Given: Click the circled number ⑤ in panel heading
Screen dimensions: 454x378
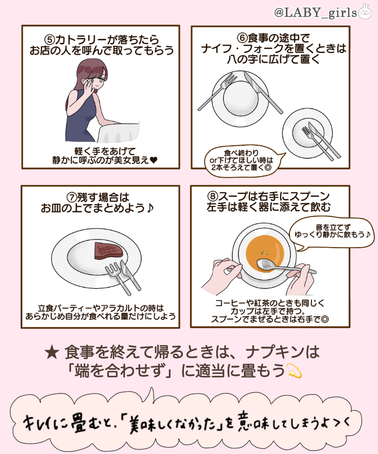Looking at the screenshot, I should [x=49, y=39].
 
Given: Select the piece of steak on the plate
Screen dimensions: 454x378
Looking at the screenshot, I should [x=107, y=250].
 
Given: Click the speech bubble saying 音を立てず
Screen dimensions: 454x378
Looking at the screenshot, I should [x=332, y=231].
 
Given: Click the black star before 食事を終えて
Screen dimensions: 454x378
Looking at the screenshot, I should [x=52, y=352].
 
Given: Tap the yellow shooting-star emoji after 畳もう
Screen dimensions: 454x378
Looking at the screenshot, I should [x=293, y=372].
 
